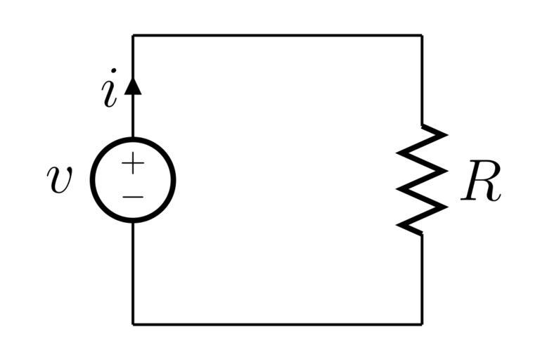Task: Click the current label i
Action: pos(109,94)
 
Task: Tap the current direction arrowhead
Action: pos(133,86)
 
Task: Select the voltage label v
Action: pos(60,179)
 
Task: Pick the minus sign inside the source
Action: pos(133,195)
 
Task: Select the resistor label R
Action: pos(481,186)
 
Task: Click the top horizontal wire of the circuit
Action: pos(278,34)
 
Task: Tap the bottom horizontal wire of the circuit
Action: pos(278,324)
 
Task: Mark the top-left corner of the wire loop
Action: pos(133,34)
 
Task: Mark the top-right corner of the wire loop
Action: pos(422,34)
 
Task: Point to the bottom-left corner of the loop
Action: pos(133,324)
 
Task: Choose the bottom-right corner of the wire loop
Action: pos(422,324)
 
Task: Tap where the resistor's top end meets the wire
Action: pos(422,124)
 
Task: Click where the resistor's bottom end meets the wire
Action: pos(422,234)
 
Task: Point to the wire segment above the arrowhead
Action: pos(133,56)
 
